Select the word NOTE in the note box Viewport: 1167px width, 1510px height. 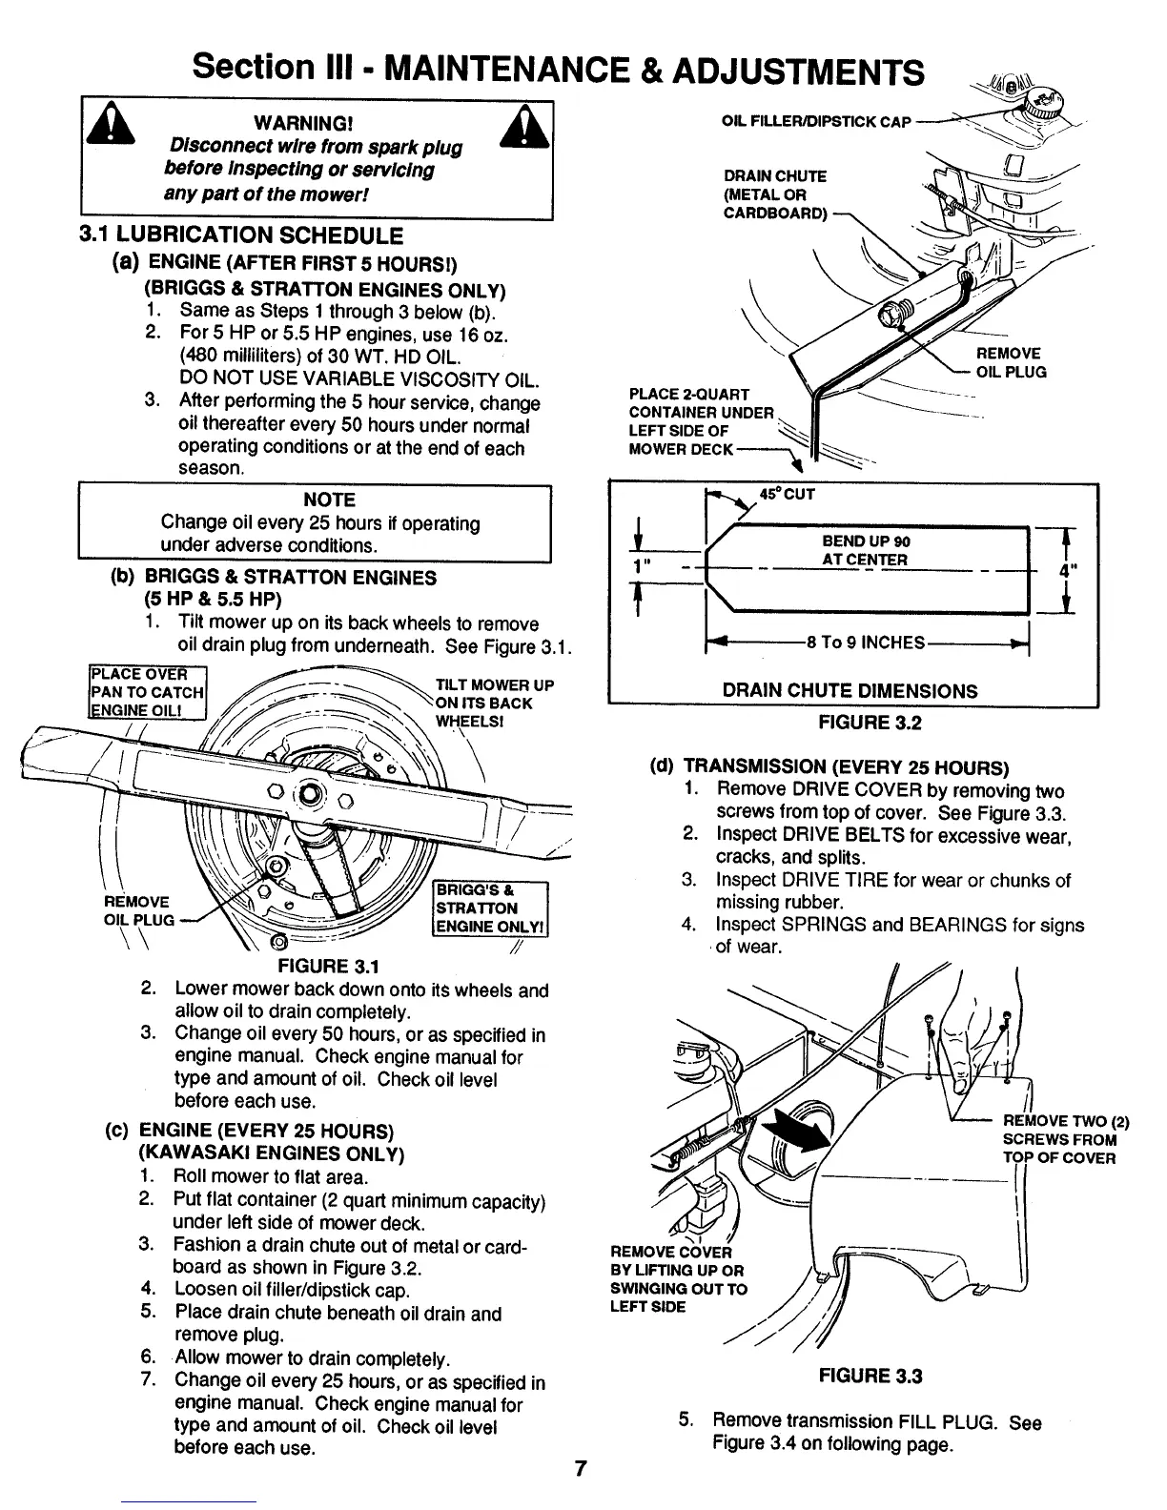click(x=329, y=500)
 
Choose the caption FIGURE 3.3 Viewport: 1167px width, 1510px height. click(x=870, y=1376)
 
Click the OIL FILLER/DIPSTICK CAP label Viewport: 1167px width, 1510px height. click(x=817, y=121)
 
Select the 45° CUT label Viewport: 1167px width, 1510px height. click(x=787, y=494)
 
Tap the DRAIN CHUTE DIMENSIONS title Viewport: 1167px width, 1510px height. click(x=850, y=691)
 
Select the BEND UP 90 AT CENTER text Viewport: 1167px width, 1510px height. click(x=865, y=550)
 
